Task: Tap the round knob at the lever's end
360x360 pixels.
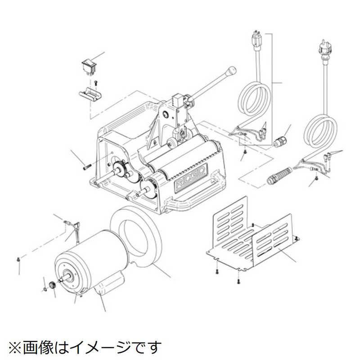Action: point(232,70)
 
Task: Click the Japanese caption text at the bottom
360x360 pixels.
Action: point(84,347)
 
